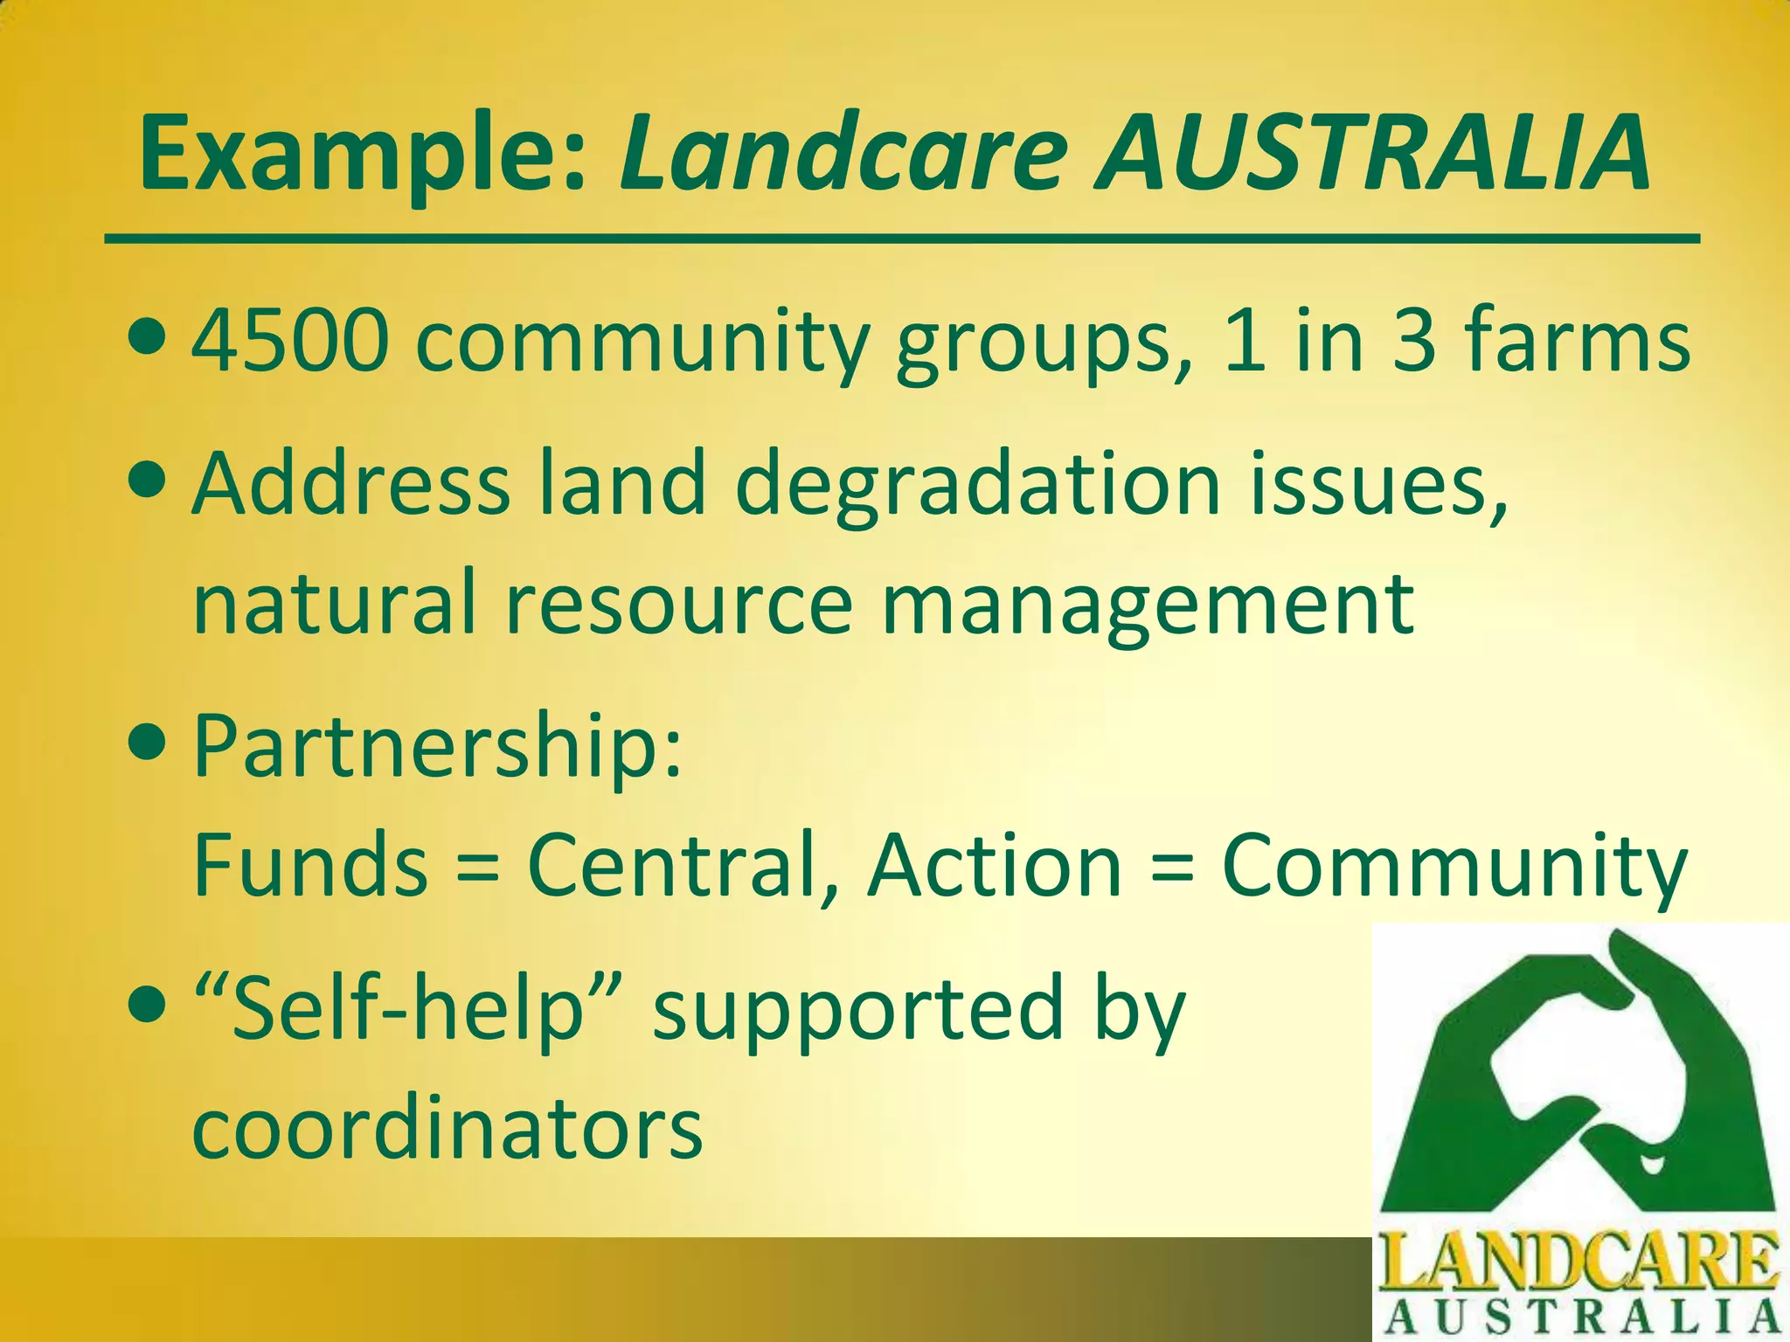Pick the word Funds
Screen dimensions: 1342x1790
click(x=310, y=865)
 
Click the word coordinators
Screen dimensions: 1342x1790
click(x=447, y=1127)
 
